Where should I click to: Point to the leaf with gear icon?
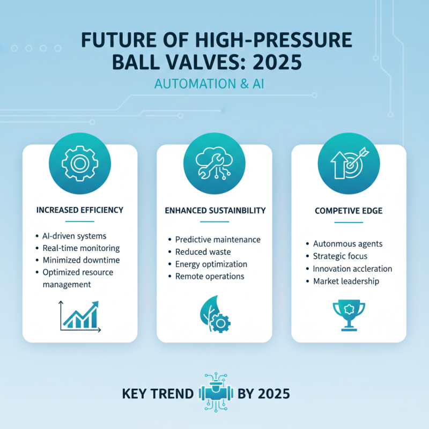pyautogui.click(x=214, y=316)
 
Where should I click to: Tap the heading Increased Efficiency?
pyautogui.click(x=79, y=210)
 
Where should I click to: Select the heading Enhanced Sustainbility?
pyautogui.click(x=214, y=210)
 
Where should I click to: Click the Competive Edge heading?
pyautogui.click(x=349, y=211)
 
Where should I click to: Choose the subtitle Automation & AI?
pyautogui.click(x=214, y=85)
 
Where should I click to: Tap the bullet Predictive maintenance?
pyautogui.click(x=218, y=240)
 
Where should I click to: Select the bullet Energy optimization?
pyautogui.click(x=211, y=264)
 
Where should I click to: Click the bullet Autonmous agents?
pyautogui.click(x=348, y=244)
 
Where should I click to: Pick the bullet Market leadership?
pyautogui.click(x=346, y=281)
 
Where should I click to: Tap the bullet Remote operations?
pyautogui.click(x=210, y=277)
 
